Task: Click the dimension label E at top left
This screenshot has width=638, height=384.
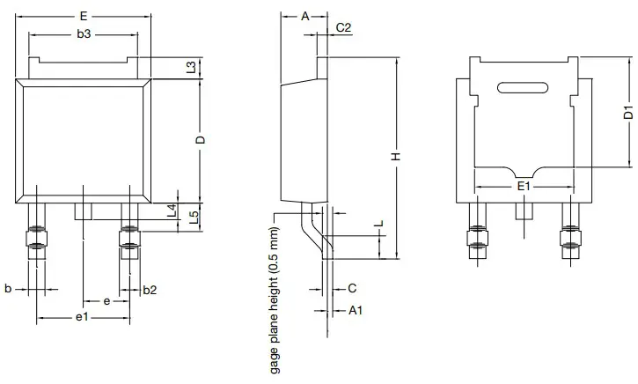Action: pyautogui.click(x=83, y=17)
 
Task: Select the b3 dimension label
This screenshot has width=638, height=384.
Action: pyautogui.click(x=83, y=35)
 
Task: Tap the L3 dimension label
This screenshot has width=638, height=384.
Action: pyautogui.click(x=192, y=68)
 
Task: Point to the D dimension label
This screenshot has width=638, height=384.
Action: pyautogui.click(x=201, y=141)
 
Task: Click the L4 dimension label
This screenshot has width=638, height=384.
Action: pyautogui.click(x=172, y=210)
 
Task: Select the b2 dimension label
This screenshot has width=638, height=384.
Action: pyautogui.click(x=150, y=289)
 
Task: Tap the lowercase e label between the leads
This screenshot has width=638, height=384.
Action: pyautogui.click(x=106, y=301)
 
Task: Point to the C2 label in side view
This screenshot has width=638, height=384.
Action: pyautogui.click(x=344, y=28)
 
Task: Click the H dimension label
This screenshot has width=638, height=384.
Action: pyautogui.click(x=396, y=156)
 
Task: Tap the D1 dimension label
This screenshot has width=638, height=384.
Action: pyautogui.click(x=628, y=112)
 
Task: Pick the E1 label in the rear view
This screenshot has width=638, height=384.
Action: pyautogui.click(x=523, y=187)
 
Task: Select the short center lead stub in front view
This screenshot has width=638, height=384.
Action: pyautogui.click(x=83, y=211)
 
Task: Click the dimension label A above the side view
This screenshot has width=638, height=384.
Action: pyautogui.click(x=304, y=17)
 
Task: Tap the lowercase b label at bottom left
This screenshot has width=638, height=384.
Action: pyautogui.click(x=8, y=289)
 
